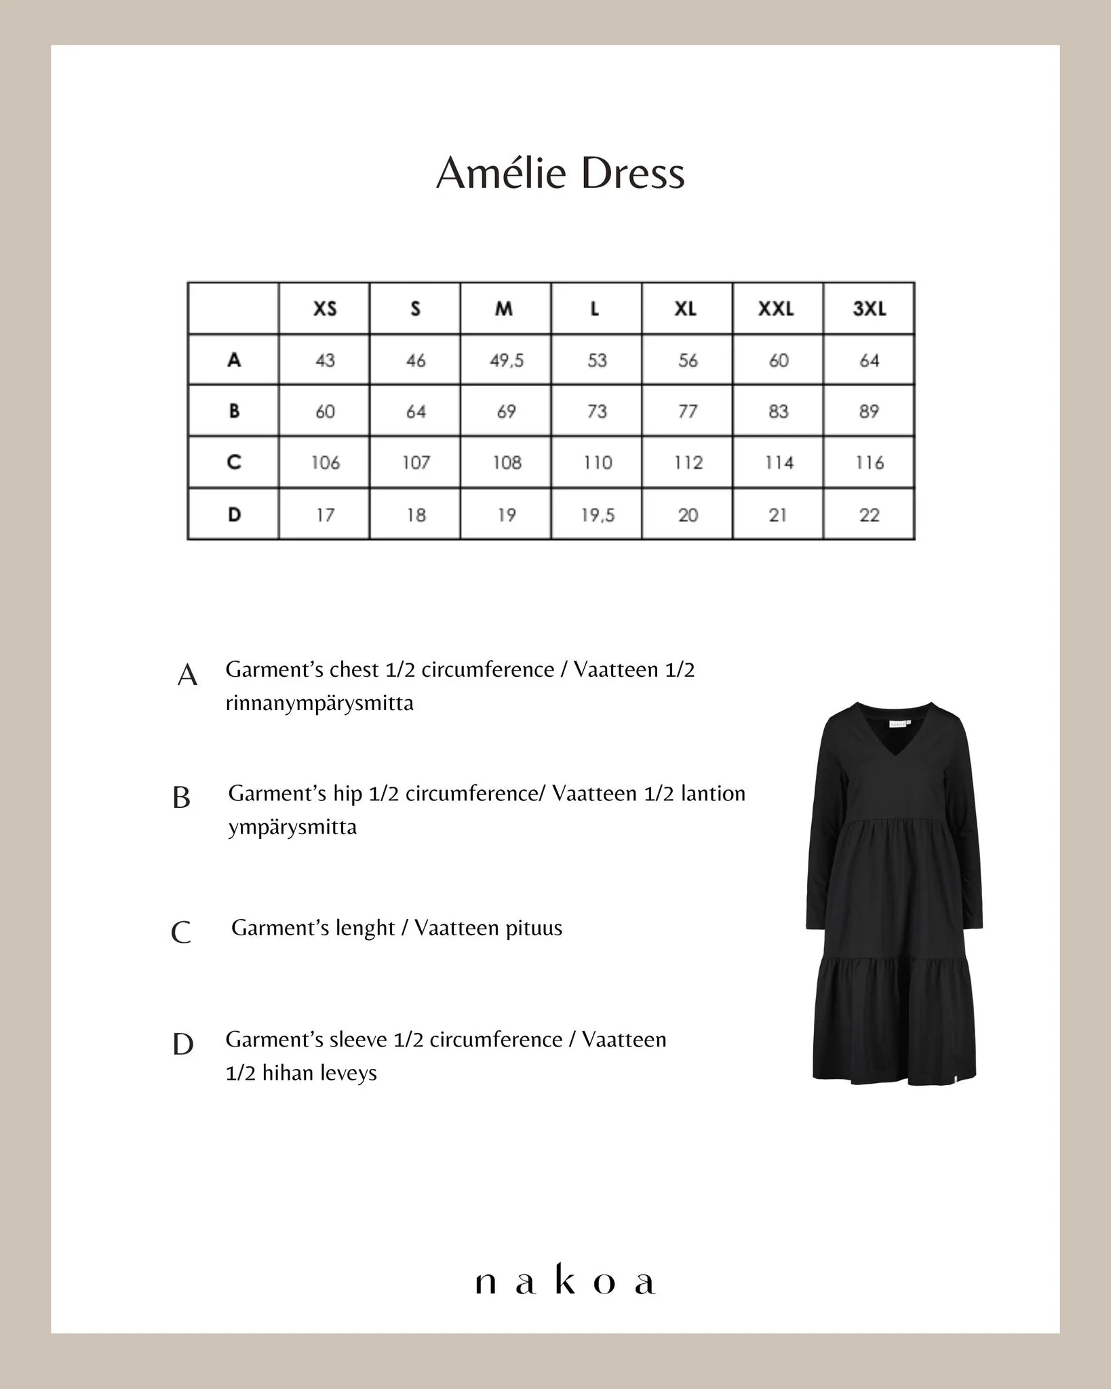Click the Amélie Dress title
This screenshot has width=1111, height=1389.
pyautogui.click(x=560, y=174)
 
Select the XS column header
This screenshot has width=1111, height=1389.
pyautogui.click(x=325, y=309)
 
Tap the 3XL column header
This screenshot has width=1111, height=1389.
pyautogui.click(x=869, y=309)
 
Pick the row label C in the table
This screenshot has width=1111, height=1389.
pyautogui.click(x=234, y=463)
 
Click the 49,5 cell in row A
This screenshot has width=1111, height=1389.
pyautogui.click(x=507, y=360)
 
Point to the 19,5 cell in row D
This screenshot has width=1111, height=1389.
pyautogui.click(x=598, y=515)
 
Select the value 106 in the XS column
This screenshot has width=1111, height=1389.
pyautogui.click(x=325, y=463)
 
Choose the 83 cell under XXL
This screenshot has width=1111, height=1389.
pyautogui.click(x=778, y=412)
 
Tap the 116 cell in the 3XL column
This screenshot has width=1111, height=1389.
pyautogui.click(x=869, y=463)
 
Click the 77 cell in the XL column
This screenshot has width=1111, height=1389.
pyautogui.click(x=687, y=412)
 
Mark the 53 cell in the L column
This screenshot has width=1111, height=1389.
pyautogui.click(x=597, y=360)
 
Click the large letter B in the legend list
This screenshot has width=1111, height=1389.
pyautogui.click(x=181, y=798)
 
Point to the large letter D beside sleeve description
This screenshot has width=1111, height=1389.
pyautogui.click(x=183, y=1044)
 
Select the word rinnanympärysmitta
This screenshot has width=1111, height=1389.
pyautogui.click(x=319, y=703)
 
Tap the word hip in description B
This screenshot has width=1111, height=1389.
pyautogui.click(x=347, y=794)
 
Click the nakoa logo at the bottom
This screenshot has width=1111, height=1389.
pyautogui.click(x=564, y=1283)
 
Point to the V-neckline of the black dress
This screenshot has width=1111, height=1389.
pyautogui.click(x=893, y=749)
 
